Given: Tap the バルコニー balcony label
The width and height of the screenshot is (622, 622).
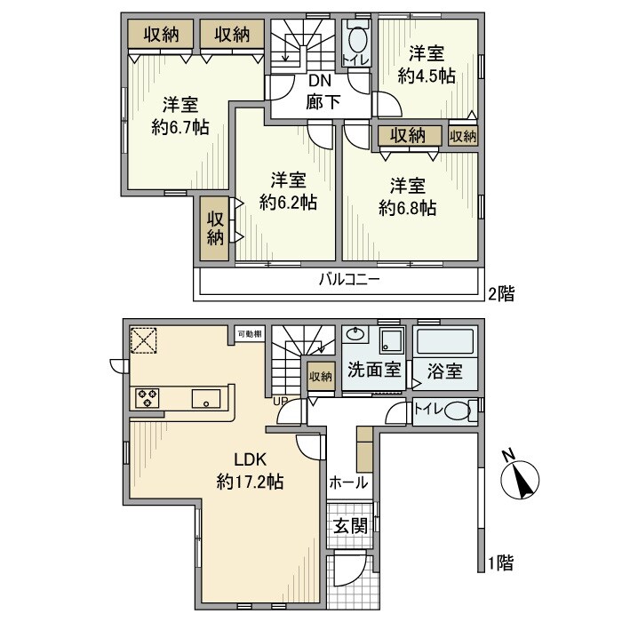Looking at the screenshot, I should (350, 283).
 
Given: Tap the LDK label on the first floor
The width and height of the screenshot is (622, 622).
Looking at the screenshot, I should (250, 459).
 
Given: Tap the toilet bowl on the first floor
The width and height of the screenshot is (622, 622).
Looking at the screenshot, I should (455, 411).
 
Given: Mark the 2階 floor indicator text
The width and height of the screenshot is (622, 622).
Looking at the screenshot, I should (500, 291).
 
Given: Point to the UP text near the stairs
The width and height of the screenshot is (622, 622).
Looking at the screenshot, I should (281, 402).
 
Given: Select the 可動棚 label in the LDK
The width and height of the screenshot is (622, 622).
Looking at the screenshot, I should (250, 334).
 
